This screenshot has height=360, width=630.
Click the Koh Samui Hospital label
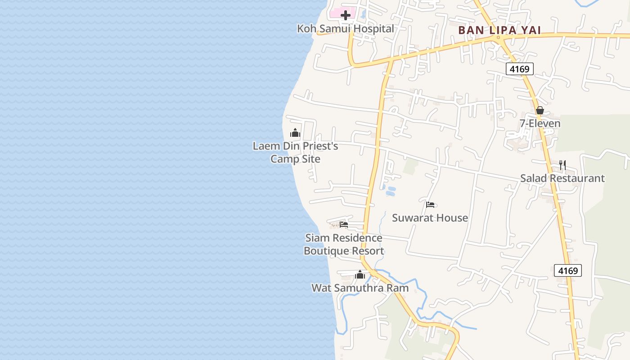pyautogui.click(x=345, y=29)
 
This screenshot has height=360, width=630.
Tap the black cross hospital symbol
pyautogui.click(x=346, y=16)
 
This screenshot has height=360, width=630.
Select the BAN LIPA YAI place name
pyautogui.click(x=499, y=31)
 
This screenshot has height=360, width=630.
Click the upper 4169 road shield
pyautogui.click(x=520, y=69)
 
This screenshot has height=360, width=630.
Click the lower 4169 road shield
pyautogui.click(x=567, y=270)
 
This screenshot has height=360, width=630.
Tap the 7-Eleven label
pyautogui.click(x=540, y=123)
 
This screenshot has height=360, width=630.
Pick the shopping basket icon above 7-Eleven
pyautogui.click(x=540, y=110)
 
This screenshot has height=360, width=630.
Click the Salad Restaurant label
pyautogui.click(x=562, y=178)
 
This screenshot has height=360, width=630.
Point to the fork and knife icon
pyautogui.click(x=562, y=165)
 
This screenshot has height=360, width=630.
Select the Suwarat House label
pyautogui.click(x=430, y=218)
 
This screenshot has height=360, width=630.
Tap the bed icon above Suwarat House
pyautogui.click(x=430, y=205)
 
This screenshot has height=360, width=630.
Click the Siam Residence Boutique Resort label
pyautogui.click(x=344, y=244)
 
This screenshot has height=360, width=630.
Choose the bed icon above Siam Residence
pyautogui.click(x=344, y=224)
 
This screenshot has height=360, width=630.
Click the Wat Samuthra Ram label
pyautogui.click(x=360, y=288)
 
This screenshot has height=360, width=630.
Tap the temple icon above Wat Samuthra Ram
pyautogui.click(x=360, y=274)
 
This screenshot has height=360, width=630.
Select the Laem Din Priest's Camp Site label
pyautogui.click(x=295, y=153)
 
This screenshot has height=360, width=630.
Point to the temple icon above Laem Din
pyautogui.click(x=295, y=133)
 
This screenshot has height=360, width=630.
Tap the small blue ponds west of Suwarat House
pyautogui.click(x=390, y=191)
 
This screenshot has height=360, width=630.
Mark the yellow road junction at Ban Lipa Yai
pyautogui.click(x=499, y=39)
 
